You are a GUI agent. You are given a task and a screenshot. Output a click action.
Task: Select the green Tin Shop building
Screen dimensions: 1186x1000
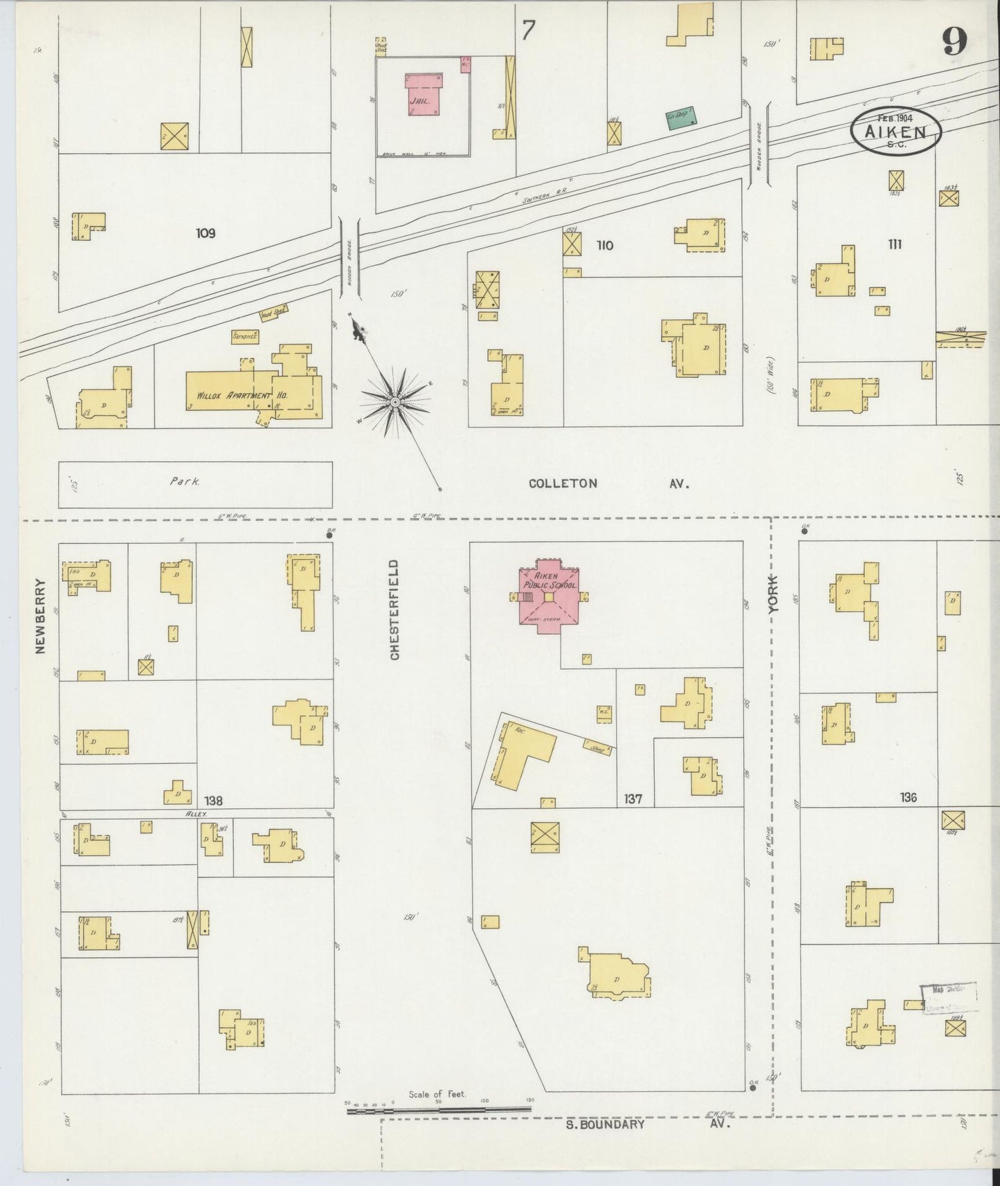click(x=680, y=118)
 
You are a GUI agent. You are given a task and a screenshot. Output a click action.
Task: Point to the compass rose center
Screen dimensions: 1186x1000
click(x=394, y=401)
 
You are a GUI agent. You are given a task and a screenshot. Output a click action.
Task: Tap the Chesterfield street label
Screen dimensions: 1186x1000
click(x=394, y=610)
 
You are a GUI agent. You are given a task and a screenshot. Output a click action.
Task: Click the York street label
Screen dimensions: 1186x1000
click(x=773, y=593)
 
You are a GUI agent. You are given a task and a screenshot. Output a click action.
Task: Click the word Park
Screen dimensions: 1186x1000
click(x=185, y=482)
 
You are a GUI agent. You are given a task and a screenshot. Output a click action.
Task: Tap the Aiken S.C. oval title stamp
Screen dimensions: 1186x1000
click(x=896, y=129)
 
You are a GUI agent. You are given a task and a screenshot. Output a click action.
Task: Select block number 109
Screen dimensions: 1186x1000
click(x=205, y=233)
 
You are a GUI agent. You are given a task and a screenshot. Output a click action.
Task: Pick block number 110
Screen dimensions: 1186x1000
click(x=604, y=245)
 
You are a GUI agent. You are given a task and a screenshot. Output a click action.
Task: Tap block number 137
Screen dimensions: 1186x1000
click(x=633, y=799)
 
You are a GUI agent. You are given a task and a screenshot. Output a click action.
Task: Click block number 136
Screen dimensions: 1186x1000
click(x=908, y=798)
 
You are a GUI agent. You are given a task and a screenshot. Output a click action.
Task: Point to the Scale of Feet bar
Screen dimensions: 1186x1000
click(x=439, y=1111)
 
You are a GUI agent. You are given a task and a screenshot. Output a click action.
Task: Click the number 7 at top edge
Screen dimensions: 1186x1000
click(x=529, y=31)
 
